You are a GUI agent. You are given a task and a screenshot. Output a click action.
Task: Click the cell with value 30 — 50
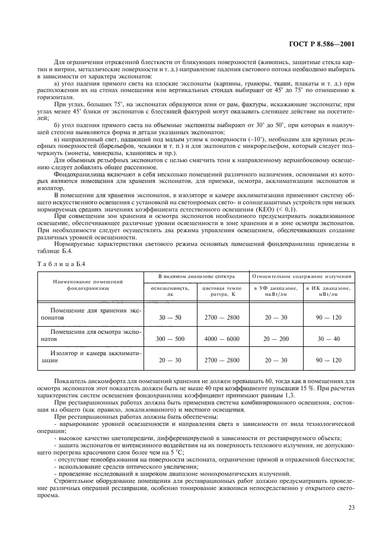tap(170, 318)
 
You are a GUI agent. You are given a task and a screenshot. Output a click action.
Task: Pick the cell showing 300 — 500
tap(170, 339)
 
